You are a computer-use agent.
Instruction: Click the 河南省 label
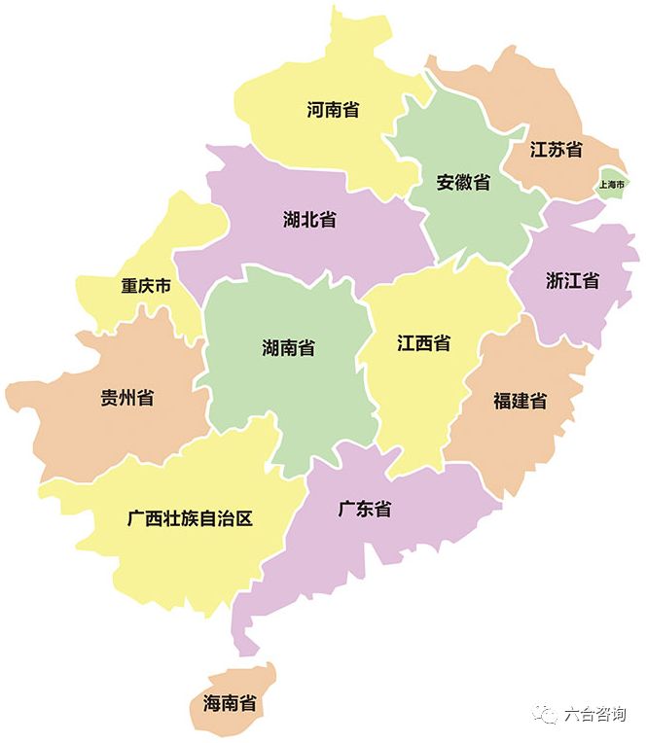click(334, 110)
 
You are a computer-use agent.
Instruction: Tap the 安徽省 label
click(463, 182)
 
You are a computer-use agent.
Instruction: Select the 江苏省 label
click(557, 150)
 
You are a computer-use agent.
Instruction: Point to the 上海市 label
click(613, 183)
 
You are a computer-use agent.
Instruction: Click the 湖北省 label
click(309, 219)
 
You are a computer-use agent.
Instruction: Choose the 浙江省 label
click(573, 280)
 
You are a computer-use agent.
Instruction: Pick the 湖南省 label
click(288, 347)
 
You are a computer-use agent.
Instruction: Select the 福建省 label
click(520, 401)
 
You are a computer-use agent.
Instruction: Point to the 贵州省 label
click(126, 397)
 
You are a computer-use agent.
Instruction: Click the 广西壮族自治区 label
click(190, 518)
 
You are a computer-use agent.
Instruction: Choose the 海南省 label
click(230, 702)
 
